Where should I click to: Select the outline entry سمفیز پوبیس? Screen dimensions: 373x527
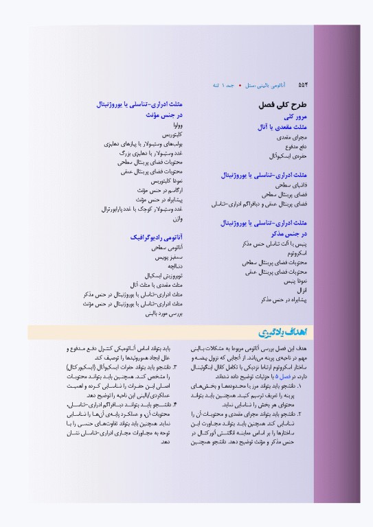tap(168, 257)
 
